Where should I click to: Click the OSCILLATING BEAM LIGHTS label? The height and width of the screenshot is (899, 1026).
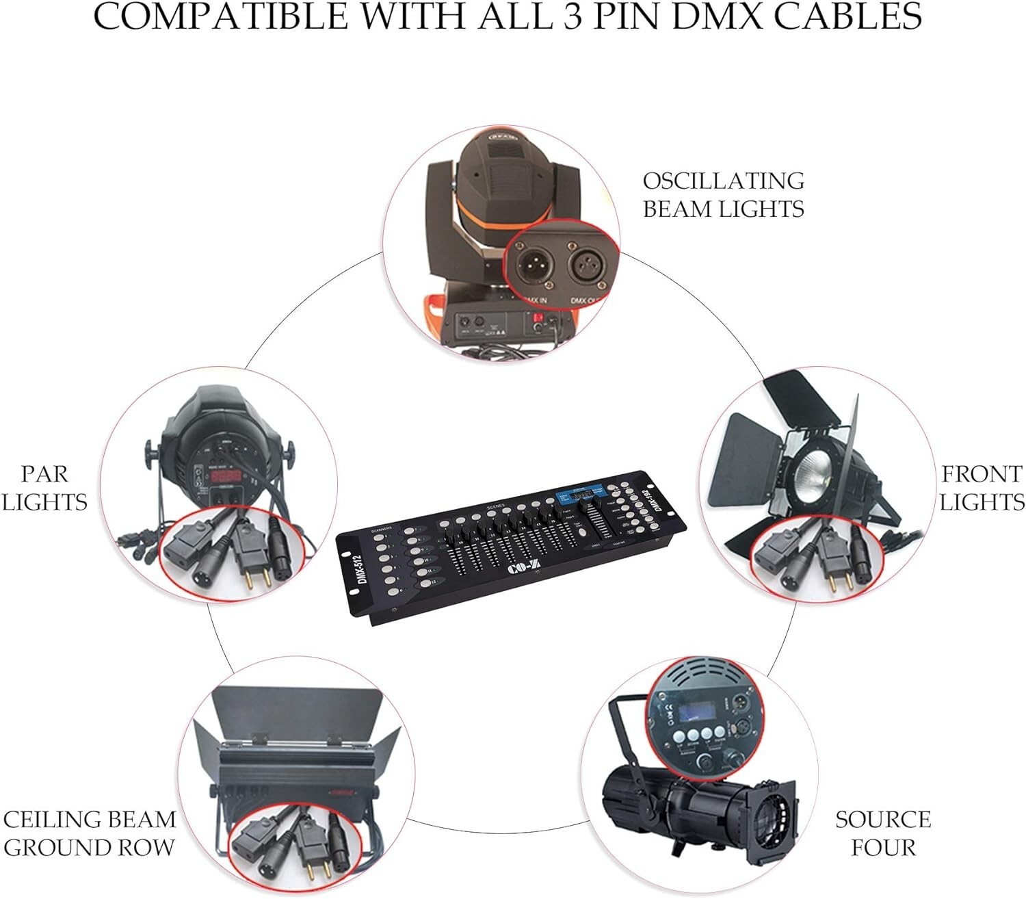coord(723,194)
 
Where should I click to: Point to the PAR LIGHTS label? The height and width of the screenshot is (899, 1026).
coord(44,488)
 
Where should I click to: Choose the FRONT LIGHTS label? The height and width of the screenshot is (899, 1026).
coord(982,488)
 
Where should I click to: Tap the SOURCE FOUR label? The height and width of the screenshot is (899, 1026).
coord(883,833)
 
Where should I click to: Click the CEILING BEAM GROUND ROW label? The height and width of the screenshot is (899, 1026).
coord(90,833)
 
